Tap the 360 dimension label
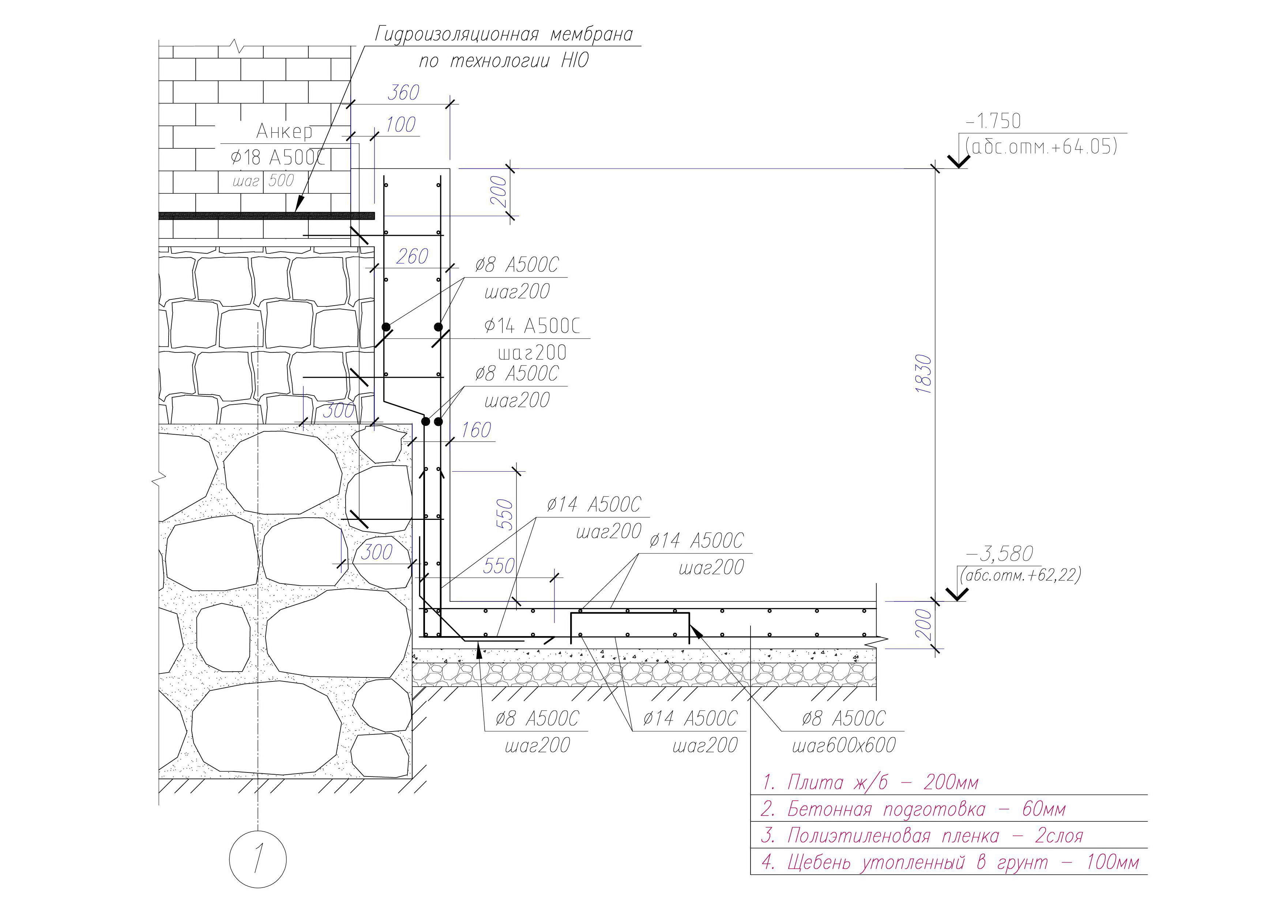pyautogui.click(x=403, y=93)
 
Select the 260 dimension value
pyautogui.click(x=413, y=256)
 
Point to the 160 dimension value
pyautogui.click(x=476, y=430)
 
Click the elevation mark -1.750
pyautogui.click(x=993, y=121)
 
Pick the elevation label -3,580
pyautogui.click(x=1000, y=553)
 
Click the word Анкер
pyautogui.click(x=285, y=131)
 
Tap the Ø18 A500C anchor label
pyautogui.click(x=278, y=158)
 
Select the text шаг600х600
pyautogui.click(x=844, y=745)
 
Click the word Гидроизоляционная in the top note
pyautogui.click(x=456, y=35)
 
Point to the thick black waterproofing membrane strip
pyautogui.click(x=267, y=216)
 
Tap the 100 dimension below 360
pyautogui.click(x=400, y=125)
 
